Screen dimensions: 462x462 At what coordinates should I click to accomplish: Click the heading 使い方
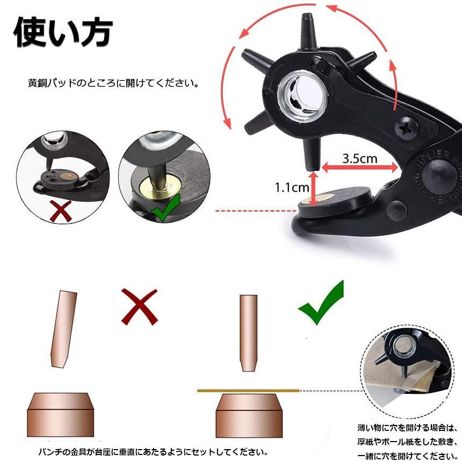tap(63, 34)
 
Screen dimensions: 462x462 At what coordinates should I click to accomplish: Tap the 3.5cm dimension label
tap(359, 158)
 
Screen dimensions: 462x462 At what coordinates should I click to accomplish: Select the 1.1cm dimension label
tap(292, 187)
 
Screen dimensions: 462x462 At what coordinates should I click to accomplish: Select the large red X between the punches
tap(139, 306)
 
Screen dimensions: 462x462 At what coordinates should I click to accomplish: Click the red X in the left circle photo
tap(60, 211)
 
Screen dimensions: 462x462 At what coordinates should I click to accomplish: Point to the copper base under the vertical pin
tap(248, 415)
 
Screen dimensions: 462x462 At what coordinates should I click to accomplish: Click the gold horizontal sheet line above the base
tap(248, 390)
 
